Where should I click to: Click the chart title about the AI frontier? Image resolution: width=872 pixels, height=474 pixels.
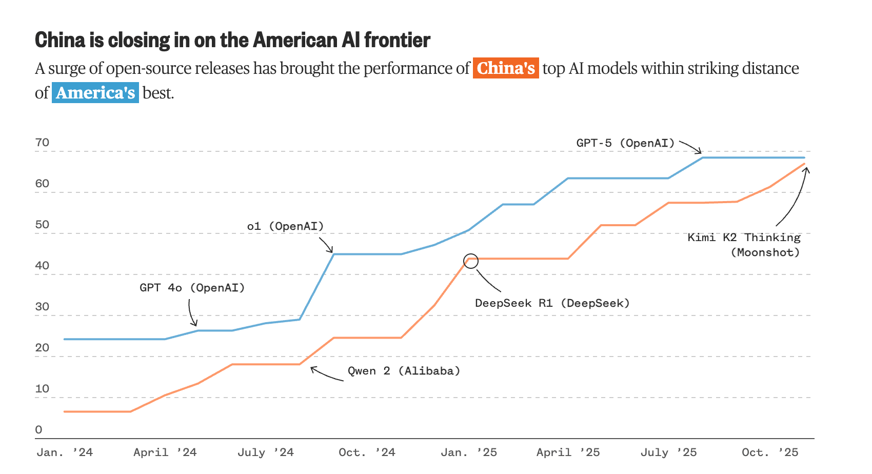tap(232, 40)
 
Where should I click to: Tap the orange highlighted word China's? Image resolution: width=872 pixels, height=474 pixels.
tap(505, 68)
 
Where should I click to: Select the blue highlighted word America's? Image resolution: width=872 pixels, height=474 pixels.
tap(95, 93)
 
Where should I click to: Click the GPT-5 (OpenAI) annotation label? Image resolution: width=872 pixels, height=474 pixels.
tap(625, 143)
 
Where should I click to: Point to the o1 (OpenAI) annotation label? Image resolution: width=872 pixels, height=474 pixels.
tap(285, 226)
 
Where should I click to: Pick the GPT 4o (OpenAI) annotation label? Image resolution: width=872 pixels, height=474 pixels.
tap(192, 288)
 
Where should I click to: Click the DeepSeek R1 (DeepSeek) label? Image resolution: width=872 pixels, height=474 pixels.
tap(552, 303)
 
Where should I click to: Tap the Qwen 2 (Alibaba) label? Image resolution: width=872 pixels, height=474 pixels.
tap(404, 371)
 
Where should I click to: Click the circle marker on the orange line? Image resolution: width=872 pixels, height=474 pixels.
tap(471, 261)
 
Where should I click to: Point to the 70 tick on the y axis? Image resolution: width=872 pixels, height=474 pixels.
tap(42, 143)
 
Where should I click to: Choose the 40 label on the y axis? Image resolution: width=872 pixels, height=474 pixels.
tap(42, 266)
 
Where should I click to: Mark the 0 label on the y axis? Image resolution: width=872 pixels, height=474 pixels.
tap(38, 430)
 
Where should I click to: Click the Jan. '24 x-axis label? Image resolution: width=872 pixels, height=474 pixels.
tap(65, 452)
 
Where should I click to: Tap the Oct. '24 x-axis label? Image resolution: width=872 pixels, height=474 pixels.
tap(367, 452)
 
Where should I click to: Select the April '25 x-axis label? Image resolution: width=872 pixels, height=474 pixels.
tap(568, 452)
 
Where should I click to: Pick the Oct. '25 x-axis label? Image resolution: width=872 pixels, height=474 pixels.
tap(770, 452)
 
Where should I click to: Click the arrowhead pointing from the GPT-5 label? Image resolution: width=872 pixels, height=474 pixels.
tap(699, 152)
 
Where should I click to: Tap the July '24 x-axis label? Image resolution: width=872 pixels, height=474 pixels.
tap(265, 452)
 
